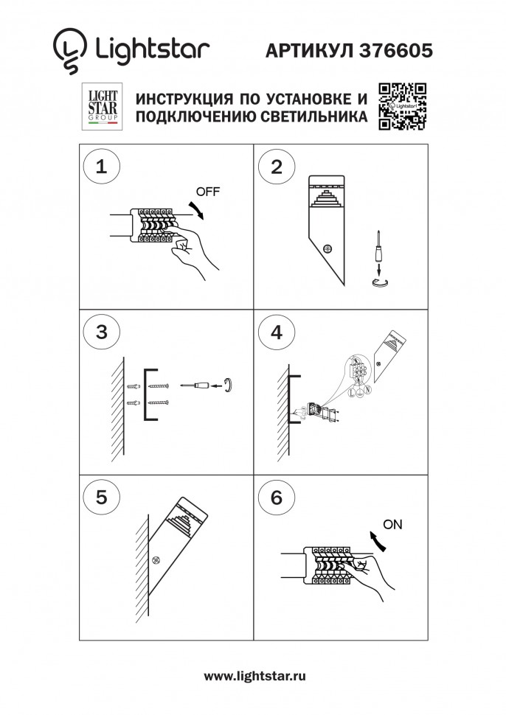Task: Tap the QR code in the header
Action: (402, 107)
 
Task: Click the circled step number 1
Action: (101, 166)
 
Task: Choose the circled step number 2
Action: (277, 166)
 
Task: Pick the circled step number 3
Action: (101, 332)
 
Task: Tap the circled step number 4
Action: (277, 332)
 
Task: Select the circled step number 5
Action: (101, 497)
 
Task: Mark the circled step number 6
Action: (277, 497)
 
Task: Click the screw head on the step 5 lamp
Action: (156, 562)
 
